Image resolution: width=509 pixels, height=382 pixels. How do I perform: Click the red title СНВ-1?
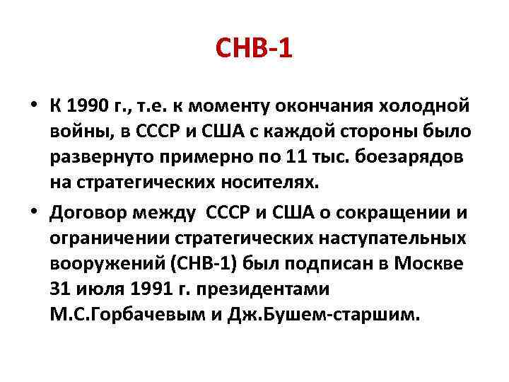pos(254,51)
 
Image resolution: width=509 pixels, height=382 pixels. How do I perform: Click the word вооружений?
pos(93,262)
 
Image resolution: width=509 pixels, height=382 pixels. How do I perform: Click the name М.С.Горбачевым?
pos(121,313)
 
